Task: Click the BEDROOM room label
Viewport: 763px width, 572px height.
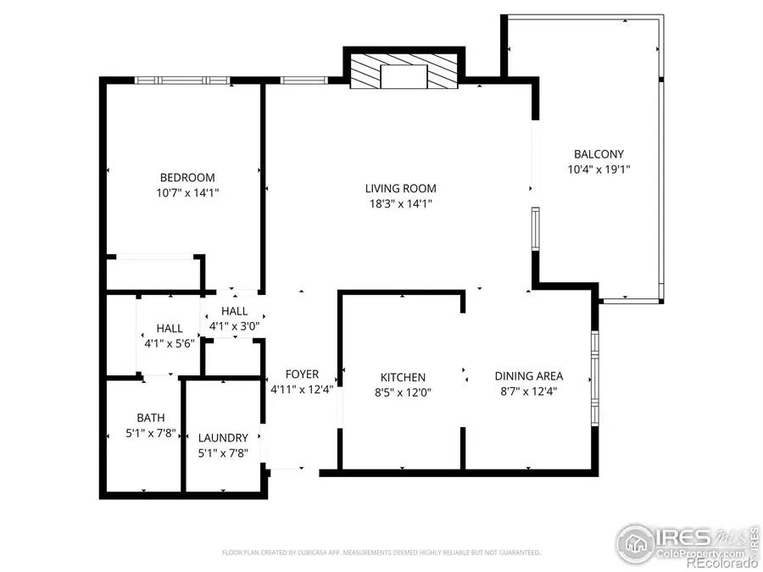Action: point(187,178)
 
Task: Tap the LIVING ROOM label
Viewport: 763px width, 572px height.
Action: point(400,188)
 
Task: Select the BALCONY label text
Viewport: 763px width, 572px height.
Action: point(599,154)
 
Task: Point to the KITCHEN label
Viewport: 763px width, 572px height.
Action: point(403,377)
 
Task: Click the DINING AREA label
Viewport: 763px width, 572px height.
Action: point(529,376)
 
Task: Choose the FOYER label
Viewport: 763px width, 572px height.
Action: point(302,375)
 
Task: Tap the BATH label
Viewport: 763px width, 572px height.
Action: point(151,418)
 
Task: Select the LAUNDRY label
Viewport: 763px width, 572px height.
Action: point(223,438)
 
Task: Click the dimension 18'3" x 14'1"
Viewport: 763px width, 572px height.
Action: point(400,203)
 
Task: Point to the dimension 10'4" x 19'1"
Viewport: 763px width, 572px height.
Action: point(599,169)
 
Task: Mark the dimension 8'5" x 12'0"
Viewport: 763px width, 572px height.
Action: point(403,392)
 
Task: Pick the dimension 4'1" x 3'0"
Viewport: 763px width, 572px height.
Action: point(235,325)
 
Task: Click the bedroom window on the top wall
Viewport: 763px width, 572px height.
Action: point(182,81)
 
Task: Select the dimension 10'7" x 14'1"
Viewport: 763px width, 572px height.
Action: point(187,193)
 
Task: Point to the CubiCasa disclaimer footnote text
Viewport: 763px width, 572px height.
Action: point(381,553)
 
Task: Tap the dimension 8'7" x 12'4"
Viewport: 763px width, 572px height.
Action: point(529,391)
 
